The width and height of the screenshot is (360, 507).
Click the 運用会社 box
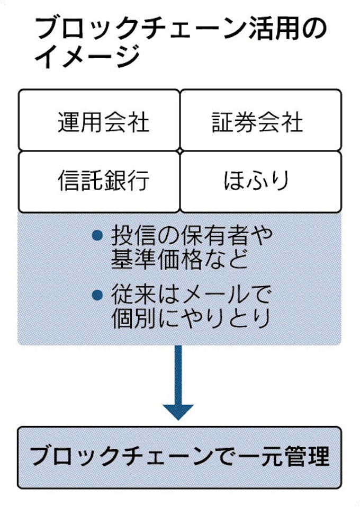coord(99,121)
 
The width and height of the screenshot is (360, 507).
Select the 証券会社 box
coord(260,121)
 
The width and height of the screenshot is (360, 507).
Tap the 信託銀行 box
coord(99,181)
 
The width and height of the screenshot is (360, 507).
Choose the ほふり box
coord(260,181)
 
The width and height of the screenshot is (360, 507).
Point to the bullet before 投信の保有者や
coord(97,235)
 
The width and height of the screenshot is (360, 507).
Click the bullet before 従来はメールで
coord(97,295)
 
